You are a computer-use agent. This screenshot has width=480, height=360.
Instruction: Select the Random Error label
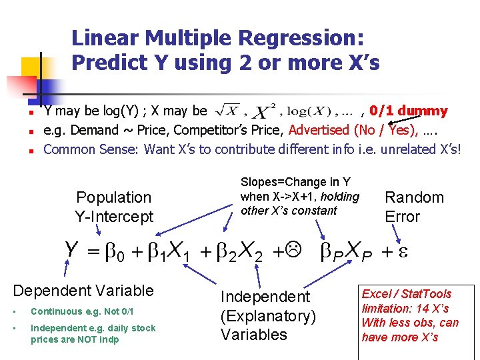(x=413, y=207)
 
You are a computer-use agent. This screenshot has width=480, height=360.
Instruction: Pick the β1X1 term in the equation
(x=169, y=252)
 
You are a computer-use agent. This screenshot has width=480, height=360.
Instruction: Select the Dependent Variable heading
(x=83, y=291)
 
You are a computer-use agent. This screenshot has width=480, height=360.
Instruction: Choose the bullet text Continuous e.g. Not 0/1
(x=82, y=311)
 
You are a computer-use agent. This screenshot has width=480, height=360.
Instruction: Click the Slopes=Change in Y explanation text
(x=299, y=196)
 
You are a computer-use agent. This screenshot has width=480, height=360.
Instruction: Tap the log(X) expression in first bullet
(x=306, y=111)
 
